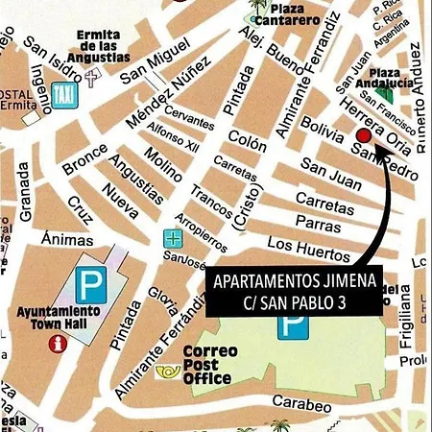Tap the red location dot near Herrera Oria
364,137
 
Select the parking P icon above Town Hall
92,283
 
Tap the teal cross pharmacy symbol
172,238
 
